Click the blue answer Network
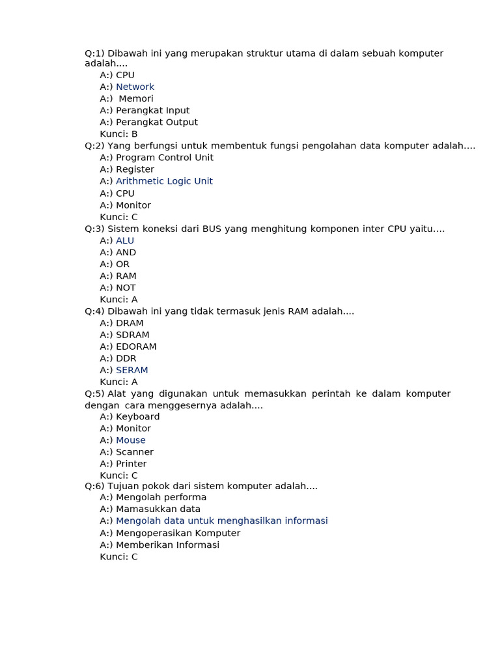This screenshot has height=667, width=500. coord(135,87)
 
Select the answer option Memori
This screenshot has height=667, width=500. coord(135,98)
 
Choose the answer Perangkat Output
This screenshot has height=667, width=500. coord(156,122)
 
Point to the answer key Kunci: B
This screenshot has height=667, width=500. coord(118,134)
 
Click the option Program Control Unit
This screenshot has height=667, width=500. coord(164,158)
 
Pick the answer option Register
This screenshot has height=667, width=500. coord(135,169)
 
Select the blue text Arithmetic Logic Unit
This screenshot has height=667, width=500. coord(164,181)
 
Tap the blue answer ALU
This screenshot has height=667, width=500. coord(125,240)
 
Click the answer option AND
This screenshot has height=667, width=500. coord(126,252)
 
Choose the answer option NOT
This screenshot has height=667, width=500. coord(126,287)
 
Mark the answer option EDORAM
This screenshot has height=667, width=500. coord(136,347)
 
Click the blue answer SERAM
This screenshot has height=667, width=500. coord(132,370)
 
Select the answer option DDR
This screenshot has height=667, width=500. coord(126,358)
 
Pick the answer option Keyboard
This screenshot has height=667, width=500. coord(137,416)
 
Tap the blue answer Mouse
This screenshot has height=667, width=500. coord(130,440)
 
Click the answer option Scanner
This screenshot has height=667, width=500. coord(134,452)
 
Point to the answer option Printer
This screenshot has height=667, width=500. coord(131,464)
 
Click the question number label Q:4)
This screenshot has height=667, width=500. coord(94,311)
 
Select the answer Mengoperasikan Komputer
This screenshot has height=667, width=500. coord(178,533)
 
